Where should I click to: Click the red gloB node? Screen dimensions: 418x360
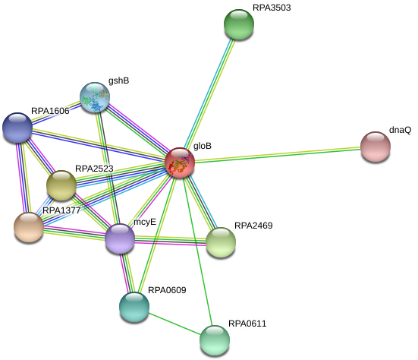(180, 163)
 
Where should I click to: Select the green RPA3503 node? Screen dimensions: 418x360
(239, 24)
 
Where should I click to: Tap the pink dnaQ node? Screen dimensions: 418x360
(376, 147)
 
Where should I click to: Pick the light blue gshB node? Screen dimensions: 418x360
(95, 97)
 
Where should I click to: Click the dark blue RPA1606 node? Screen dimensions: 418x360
(17, 128)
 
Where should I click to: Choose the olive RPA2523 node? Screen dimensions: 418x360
(61, 185)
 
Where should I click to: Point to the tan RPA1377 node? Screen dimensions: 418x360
(29, 227)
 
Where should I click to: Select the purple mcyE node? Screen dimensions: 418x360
(120, 238)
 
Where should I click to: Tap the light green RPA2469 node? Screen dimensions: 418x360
(221, 242)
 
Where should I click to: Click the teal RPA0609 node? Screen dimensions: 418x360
(134, 307)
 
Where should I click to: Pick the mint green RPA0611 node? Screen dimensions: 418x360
(215, 340)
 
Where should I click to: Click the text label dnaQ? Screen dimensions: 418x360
(400, 130)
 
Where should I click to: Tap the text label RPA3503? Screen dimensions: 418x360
(272, 8)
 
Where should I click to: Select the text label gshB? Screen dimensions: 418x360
(118, 81)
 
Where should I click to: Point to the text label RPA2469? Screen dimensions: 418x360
(253, 226)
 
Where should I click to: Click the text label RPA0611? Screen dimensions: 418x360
(247, 324)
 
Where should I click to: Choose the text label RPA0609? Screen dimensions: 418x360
(167, 290)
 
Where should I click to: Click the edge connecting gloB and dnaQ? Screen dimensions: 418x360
(278, 154)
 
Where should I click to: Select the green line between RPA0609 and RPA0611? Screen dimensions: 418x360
(174, 324)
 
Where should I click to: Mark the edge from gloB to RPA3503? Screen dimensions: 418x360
(209, 93)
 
